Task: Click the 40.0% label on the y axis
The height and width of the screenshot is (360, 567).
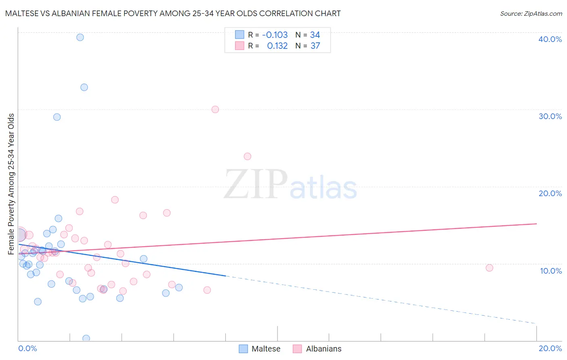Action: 550,39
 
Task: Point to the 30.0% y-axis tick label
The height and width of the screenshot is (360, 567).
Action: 550,116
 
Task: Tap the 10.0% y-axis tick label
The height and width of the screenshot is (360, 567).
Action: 550,271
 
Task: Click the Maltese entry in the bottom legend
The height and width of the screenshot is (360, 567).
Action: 265,349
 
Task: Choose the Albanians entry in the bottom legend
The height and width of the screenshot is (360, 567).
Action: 323,349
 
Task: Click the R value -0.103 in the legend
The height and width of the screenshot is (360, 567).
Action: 275,35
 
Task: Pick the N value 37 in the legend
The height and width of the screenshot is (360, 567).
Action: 315,46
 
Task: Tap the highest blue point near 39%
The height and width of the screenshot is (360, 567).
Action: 80,37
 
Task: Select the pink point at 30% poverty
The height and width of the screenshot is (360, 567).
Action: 215,109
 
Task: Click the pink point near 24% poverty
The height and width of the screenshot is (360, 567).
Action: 248,156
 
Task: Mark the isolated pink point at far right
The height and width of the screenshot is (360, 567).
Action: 489,268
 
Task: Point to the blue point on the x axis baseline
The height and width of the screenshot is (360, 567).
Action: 86,338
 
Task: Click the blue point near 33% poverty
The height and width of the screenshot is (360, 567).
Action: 84,87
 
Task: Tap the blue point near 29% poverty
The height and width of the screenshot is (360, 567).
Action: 57,117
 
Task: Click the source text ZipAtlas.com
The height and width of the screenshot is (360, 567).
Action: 531,14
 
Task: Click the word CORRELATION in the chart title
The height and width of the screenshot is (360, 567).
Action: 278,14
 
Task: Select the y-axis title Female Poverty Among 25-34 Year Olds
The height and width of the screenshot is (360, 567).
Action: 11,184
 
